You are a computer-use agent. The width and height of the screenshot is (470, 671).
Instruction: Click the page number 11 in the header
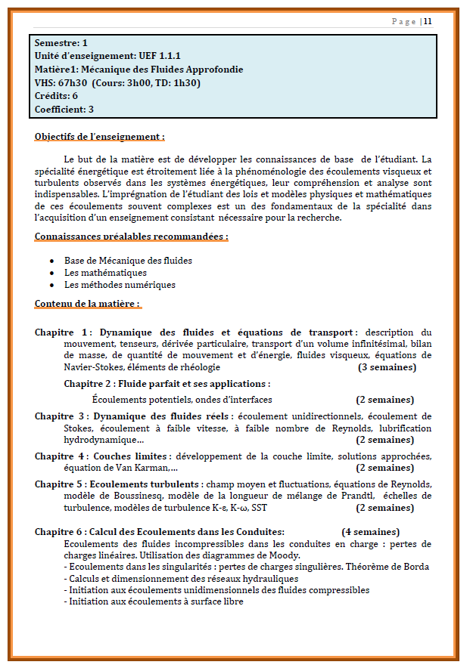428,21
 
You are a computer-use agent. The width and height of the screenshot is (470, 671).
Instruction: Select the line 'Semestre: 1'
61,43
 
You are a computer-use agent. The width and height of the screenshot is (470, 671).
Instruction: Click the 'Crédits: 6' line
56,96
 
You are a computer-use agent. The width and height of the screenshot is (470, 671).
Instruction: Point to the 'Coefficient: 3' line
64,110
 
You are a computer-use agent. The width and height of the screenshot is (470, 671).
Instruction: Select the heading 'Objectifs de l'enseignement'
99,137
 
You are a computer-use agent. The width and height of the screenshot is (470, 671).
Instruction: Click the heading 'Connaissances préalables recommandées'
131,237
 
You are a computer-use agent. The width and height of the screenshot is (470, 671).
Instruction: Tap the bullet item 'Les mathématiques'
105,273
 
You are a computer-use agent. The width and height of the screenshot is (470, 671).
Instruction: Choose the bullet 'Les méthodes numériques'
120,285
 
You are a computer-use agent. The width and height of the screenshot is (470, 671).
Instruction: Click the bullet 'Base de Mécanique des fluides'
128,261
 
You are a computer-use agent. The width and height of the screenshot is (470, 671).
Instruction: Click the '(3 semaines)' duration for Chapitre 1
387,367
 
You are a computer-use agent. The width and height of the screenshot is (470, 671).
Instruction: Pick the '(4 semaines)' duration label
370,531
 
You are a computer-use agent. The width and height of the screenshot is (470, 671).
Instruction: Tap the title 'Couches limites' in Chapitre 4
131,456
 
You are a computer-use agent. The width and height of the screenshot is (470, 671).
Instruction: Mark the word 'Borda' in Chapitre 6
416,567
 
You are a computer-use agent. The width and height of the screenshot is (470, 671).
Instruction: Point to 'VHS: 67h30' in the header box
61,83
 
